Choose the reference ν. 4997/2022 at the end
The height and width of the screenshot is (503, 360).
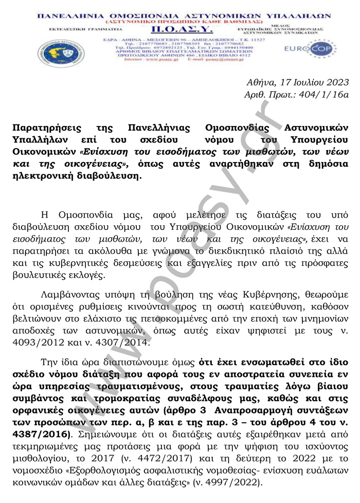(232, 482)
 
